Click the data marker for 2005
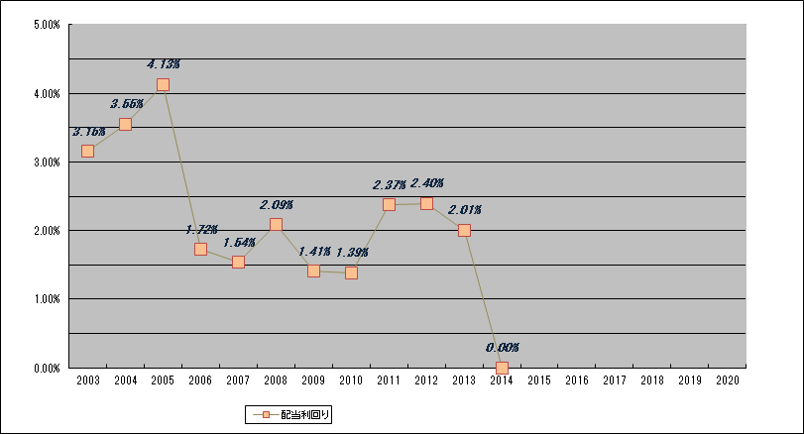pyautogui.click(x=163, y=85)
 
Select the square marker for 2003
pyautogui.click(x=87, y=151)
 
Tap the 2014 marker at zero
pyautogui.click(x=502, y=368)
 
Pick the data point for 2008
pyautogui.click(x=276, y=225)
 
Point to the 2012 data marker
pyautogui.click(x=426, y=203)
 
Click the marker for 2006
pyautogui.click(x=200, y=250)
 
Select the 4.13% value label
pyautogui.click(x=164, y=64)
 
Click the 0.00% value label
pyautogui.click(x=503, y=348)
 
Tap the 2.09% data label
pyautogui.click(x=277, y=205)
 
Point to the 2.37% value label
pyautogui.click(x=389, y=184)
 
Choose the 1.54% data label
pyautogui.click(x=239, y=242)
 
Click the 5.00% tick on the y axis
pyautogui.click(x=48, y=25)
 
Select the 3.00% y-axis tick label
pyautogui.click(x=48, y=163)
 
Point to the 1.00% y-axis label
pyautogui.click(x=48, y=299)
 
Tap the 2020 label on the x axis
pyautogui.click(x=727, y=380)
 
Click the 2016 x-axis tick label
pyautogui.click(x=576, y=380)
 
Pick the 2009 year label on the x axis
pyautogui.click(x=313, y=380)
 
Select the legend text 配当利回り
pyautogui.click(x=306, y=415)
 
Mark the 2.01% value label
pyautogui.click(x=464, y=210)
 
